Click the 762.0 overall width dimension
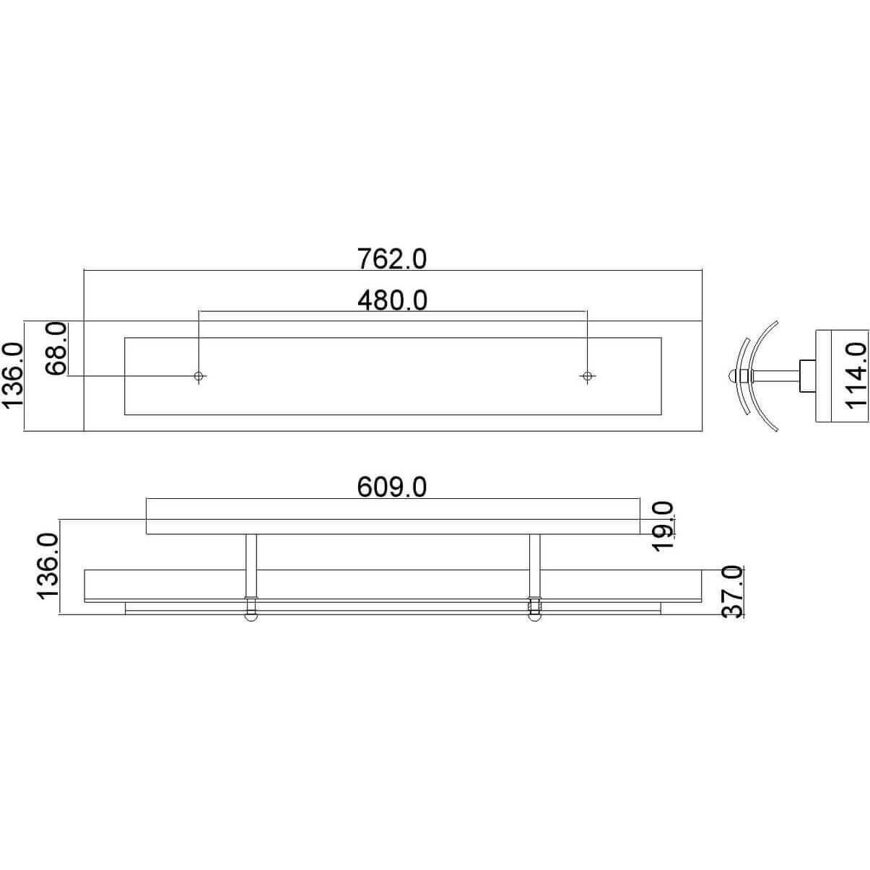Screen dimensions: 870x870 393,258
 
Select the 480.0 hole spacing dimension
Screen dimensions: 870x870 393,300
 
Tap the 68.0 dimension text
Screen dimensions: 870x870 56,349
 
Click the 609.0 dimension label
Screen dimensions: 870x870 393,487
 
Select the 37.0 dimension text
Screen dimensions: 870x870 732,592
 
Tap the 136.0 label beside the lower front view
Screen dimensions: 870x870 47,566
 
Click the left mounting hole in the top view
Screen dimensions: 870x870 199,375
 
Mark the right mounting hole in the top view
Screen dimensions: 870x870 587,375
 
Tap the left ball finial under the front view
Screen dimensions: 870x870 251,617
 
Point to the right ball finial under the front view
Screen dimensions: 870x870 534,617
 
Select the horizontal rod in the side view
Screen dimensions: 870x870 776,375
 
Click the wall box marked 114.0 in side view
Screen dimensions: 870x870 829,375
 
